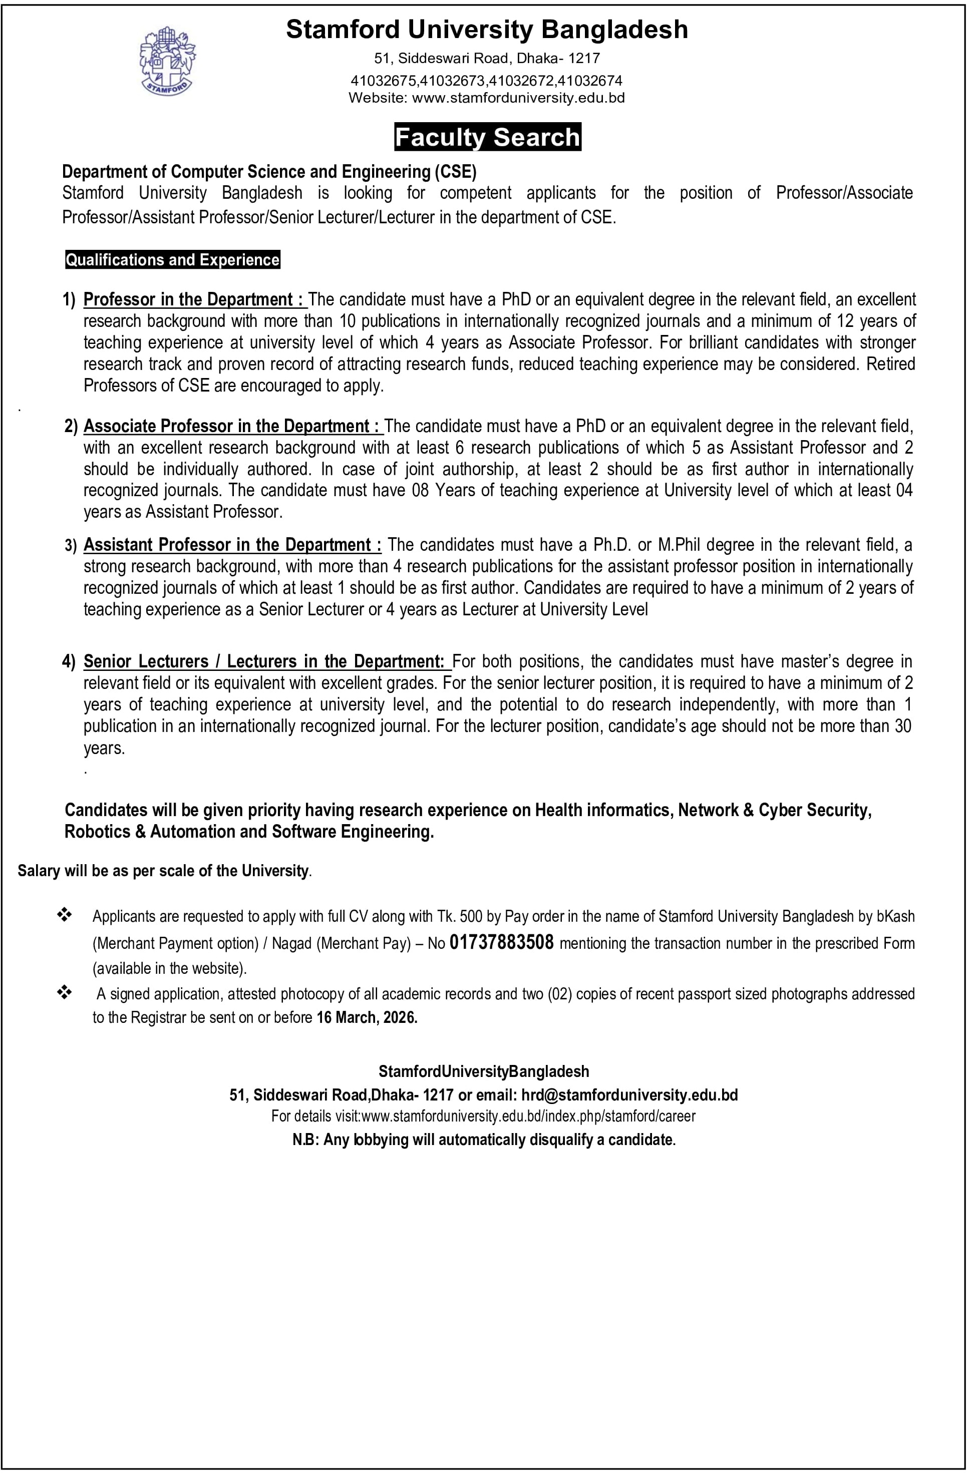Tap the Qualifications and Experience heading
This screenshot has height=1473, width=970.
(173, 260)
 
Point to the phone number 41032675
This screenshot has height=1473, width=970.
(385, 81)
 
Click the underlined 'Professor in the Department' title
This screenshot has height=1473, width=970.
(194, 299)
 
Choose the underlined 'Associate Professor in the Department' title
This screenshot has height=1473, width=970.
(233, 427)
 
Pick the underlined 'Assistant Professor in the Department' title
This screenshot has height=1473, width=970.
(233, 545)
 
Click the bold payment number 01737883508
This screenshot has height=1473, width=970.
(501, 943)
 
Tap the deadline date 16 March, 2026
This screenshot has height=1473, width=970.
(367, 1017)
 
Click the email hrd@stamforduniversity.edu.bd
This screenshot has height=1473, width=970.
(629, 1095)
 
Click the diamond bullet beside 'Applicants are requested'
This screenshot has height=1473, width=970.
(65, 915)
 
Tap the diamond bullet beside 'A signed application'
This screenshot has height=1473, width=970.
(65, 993)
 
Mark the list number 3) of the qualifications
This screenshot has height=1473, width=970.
(71, 545)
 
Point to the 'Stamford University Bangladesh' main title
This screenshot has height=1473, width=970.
(487, 30)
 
